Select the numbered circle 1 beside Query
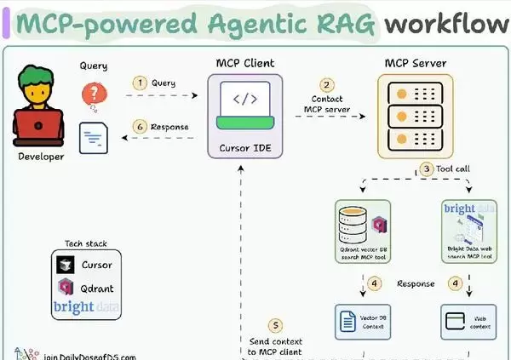[x=139, y=83]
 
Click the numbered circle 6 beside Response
[x=139, y=128]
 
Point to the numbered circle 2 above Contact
[x=327, y=85]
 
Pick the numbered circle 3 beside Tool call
[x=426, y=169]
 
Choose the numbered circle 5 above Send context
[x=274, y=325]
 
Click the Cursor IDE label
[x=245, y=148]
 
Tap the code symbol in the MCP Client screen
[x=245, y=99]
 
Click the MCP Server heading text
[x=415, y=63]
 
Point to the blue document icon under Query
[x=93, y=137]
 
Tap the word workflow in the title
[x=445, y=25]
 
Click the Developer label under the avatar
[x=40, y=157]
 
